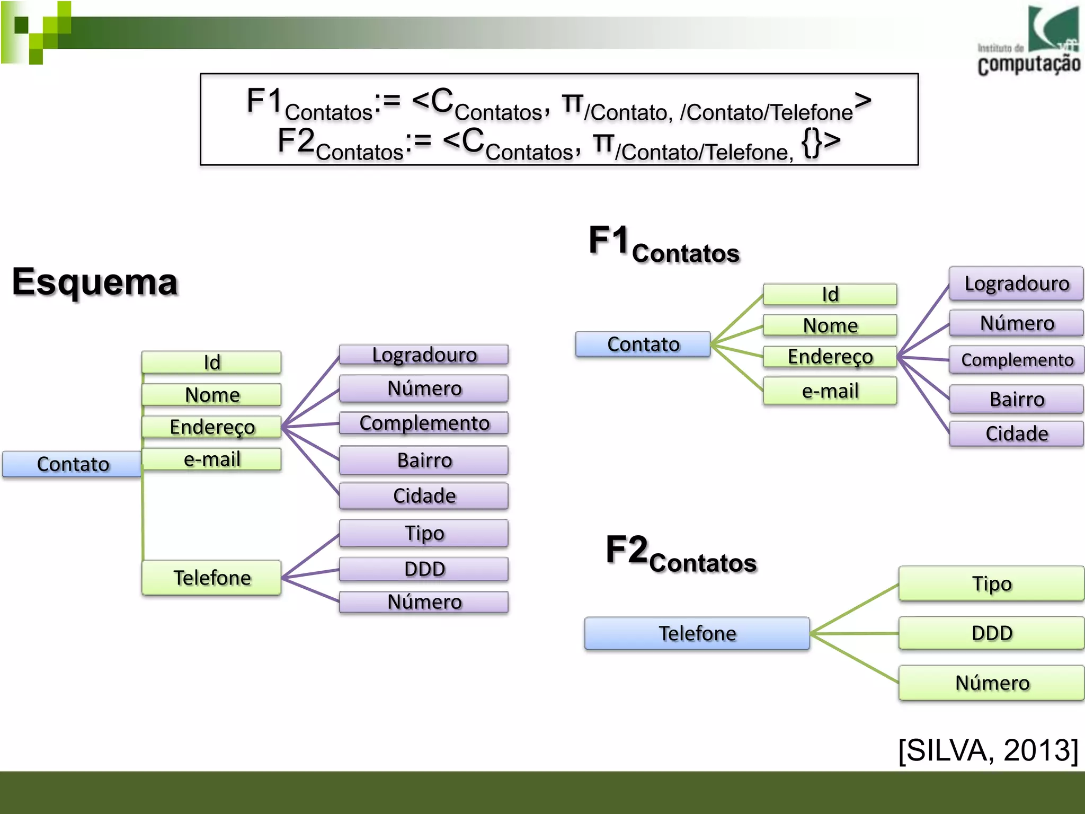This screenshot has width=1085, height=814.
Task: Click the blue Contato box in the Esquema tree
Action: (73, 464)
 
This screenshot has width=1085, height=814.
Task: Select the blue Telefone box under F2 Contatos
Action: (697, 633)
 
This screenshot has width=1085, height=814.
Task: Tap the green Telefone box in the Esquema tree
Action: (211, 578)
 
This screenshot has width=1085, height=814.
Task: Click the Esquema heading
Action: (95, 282)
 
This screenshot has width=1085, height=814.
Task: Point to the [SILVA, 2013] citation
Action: (988, 750)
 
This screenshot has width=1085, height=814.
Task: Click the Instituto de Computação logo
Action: (1028, 41)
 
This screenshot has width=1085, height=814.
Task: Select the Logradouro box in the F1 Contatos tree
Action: (1016, 284)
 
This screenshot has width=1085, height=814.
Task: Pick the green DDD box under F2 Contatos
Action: (991, 633)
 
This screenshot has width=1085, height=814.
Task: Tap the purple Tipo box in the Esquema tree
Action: (424, 533)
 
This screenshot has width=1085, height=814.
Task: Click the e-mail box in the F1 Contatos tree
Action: (830, 391)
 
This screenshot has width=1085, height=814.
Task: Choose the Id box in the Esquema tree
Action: (211, 362)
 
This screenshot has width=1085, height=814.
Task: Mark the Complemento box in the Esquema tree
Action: (424, 423)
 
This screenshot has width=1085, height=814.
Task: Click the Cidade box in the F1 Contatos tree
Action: (1016, 433)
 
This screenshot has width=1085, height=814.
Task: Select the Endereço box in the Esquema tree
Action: (211, 427)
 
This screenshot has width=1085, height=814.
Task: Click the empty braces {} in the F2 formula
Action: (811, 142)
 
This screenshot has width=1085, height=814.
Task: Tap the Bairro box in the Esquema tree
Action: (424, 460)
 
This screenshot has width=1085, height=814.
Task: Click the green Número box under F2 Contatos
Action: (991, 683)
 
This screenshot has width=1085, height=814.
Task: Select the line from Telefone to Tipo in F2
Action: (854, 609)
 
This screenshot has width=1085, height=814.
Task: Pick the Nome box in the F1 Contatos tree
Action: (830, 325)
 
